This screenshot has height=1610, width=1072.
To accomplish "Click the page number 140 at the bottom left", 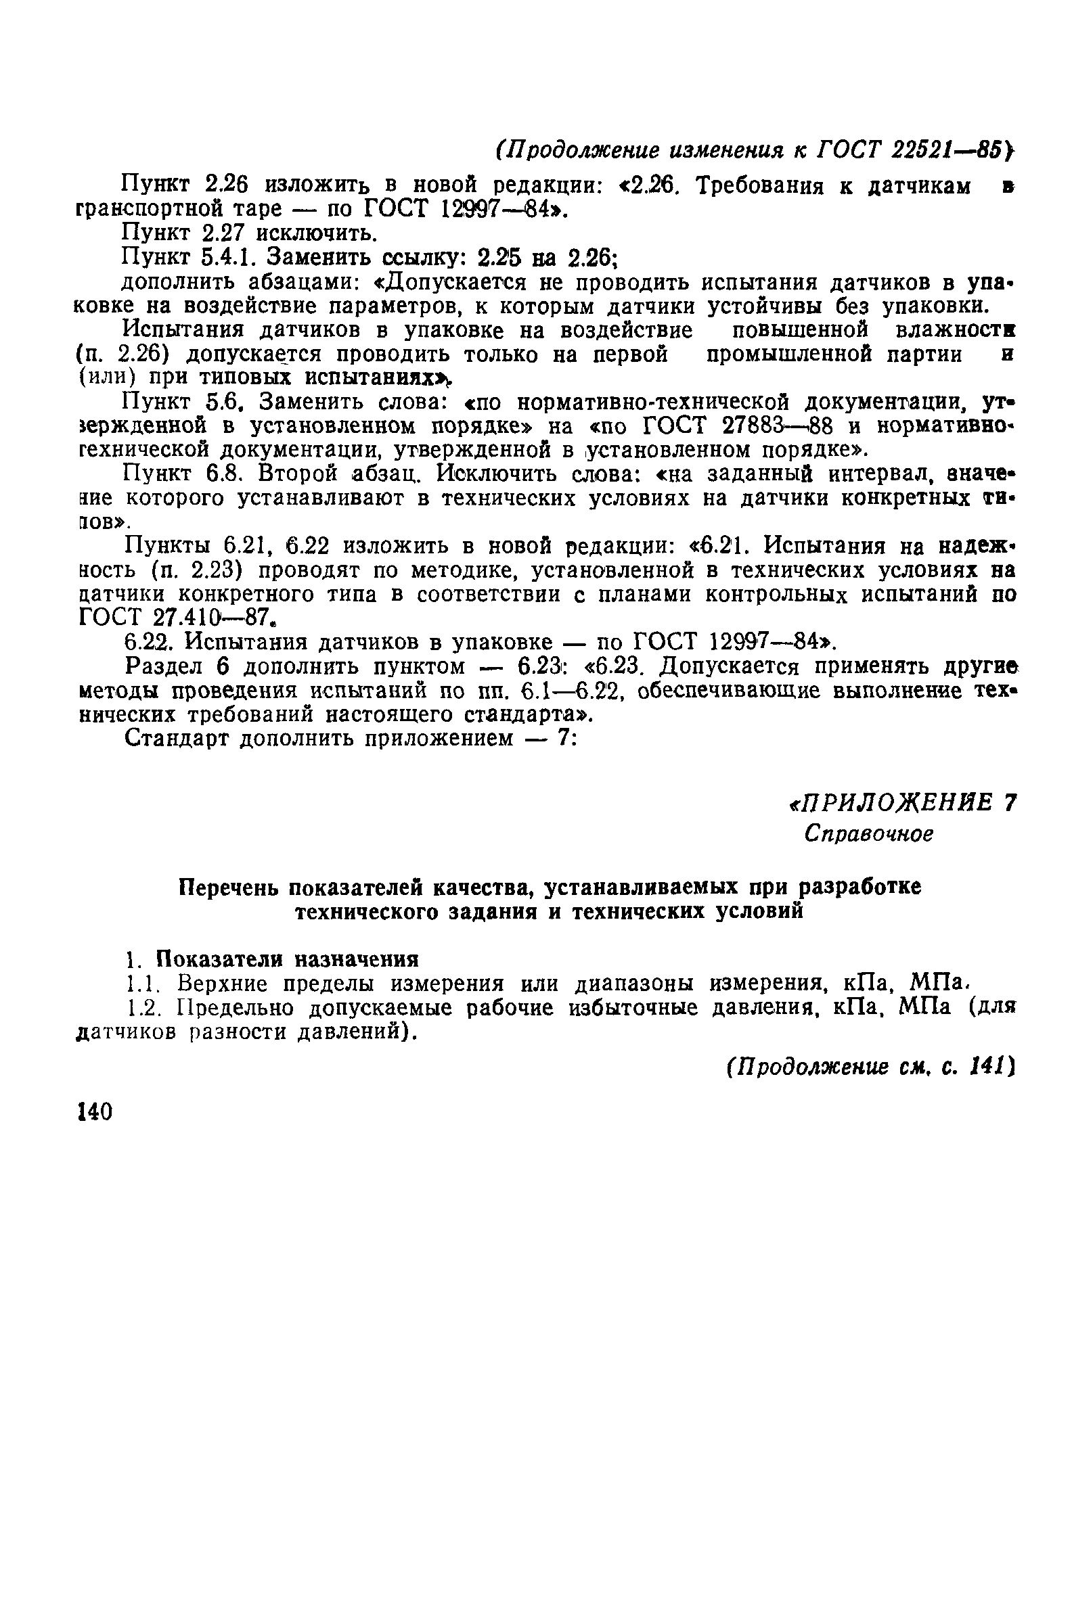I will (x=95, y=1112).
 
